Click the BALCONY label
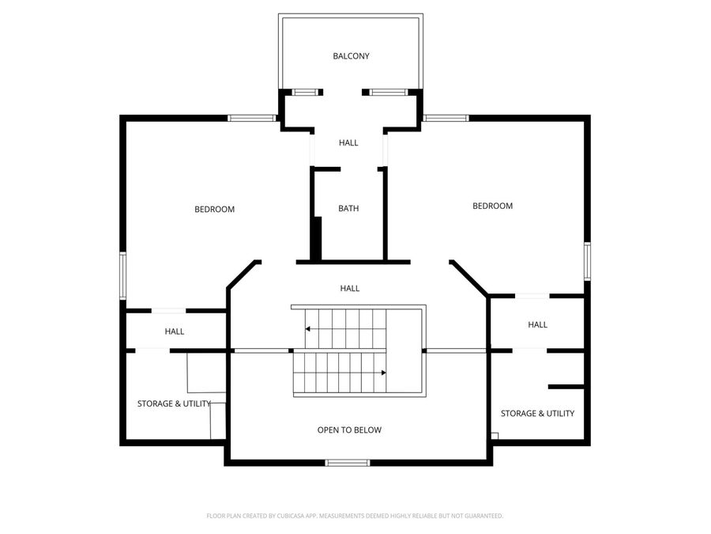(351, 56)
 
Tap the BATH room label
(348, 208)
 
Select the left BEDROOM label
(214, 210)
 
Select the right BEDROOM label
(492, 206)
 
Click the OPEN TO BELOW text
(349, 430)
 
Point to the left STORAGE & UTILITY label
(174, 403)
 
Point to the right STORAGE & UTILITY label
(537, 413)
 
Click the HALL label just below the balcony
(348, 142)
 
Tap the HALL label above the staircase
(350, 288)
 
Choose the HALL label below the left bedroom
(174, 331)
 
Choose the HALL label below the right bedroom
(537, 324)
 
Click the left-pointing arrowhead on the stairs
(307, 329)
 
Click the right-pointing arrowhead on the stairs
(384, 373)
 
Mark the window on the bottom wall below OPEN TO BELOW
(348, 463)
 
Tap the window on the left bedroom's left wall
(122, 275)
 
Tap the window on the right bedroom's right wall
(587, 261)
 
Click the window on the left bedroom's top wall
(252, 118)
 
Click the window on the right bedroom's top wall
(446, 118)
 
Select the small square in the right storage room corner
(495, 436)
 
